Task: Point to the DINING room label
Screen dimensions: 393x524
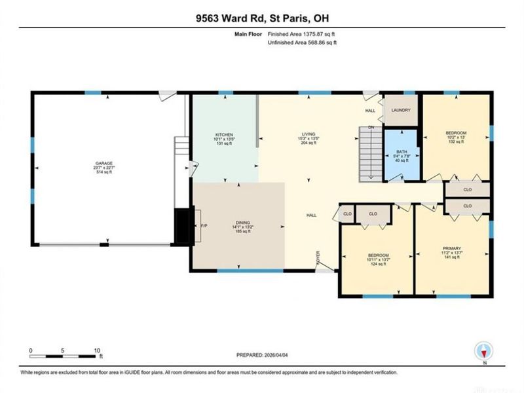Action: pos(243,223)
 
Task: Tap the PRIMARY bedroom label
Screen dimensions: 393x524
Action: pos(451,248)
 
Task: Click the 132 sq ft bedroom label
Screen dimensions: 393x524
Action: pos(455,134)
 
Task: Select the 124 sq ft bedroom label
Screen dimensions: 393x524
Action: pos(378,255)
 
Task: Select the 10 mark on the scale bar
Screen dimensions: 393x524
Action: pos(97,350)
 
